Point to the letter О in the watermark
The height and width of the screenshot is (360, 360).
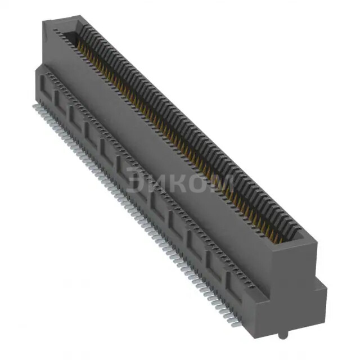tap(201, 182)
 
